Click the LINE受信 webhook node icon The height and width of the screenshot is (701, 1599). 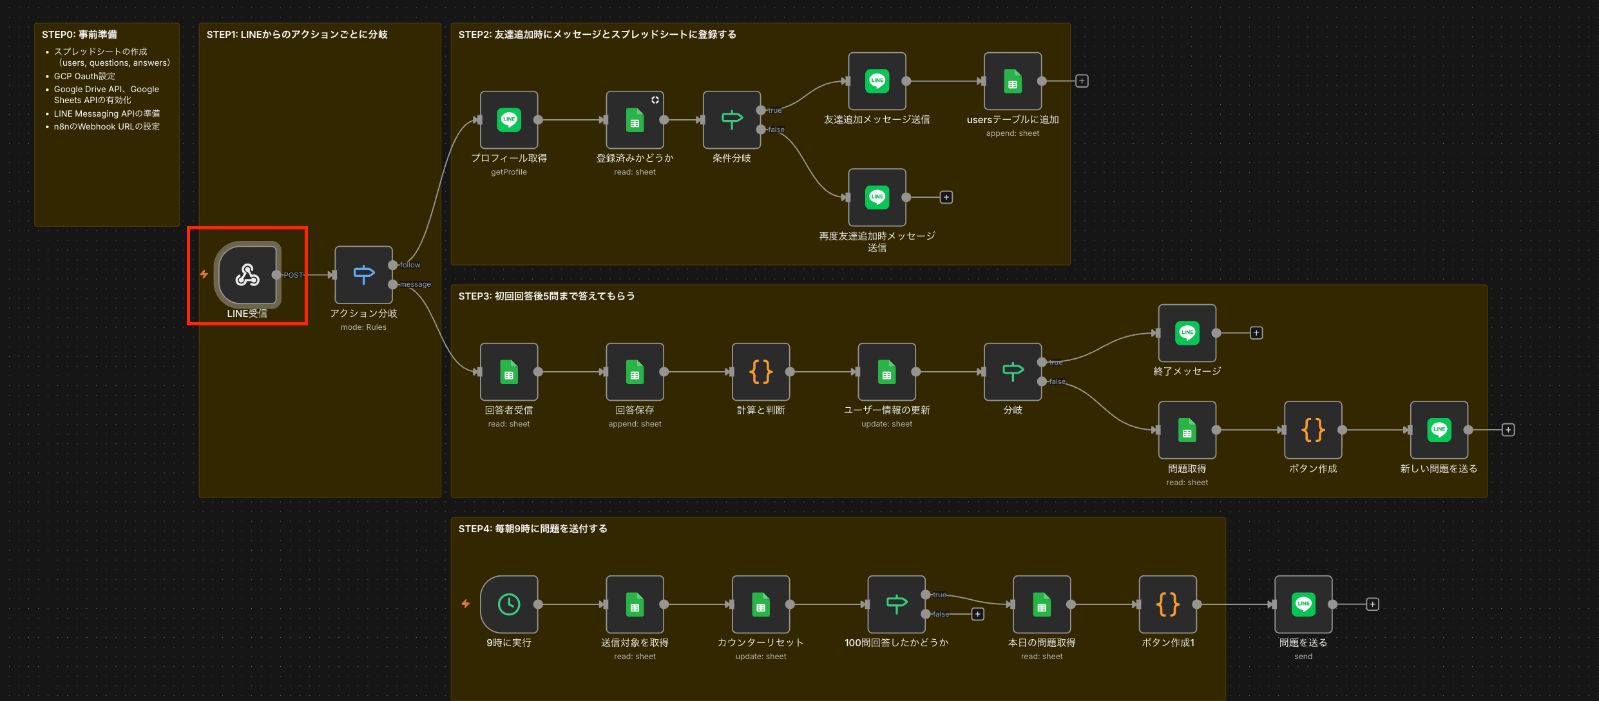(x=247, y=275)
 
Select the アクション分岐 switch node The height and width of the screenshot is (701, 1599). (x=363, y=275)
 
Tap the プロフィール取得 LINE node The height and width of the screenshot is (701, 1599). (x=509, y=120)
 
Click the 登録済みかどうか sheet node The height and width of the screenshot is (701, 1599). (x=635, y=120)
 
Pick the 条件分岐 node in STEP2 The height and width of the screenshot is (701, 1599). (x=732, y=120)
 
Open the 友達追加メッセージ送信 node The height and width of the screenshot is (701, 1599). (x=877, y=81)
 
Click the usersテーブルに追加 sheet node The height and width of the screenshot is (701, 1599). (x=1013, y=81)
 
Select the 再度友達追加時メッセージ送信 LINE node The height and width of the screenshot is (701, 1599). (x=877, y=197)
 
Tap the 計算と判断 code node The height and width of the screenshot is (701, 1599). (x=761, y=372)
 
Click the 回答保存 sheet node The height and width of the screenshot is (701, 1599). (x=635, y=372)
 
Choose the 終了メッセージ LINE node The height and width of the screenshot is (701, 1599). (x=1187, y=333)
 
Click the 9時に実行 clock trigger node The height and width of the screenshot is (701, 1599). (x=509, y=604)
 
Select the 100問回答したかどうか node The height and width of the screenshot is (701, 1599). (x=896, y=604)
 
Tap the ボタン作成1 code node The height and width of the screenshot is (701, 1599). (x=1168, y=604)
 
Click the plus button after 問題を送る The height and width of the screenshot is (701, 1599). (x=1373, y=604)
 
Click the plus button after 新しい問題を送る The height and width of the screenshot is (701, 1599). (x=1508, y=430)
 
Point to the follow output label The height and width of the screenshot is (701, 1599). (x=410, y=265)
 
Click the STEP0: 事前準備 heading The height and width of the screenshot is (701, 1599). (x=79, y=35)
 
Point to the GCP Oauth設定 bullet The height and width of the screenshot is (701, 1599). (x=84, y=76)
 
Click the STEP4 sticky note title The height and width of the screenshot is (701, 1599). (x=533, y=529)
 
